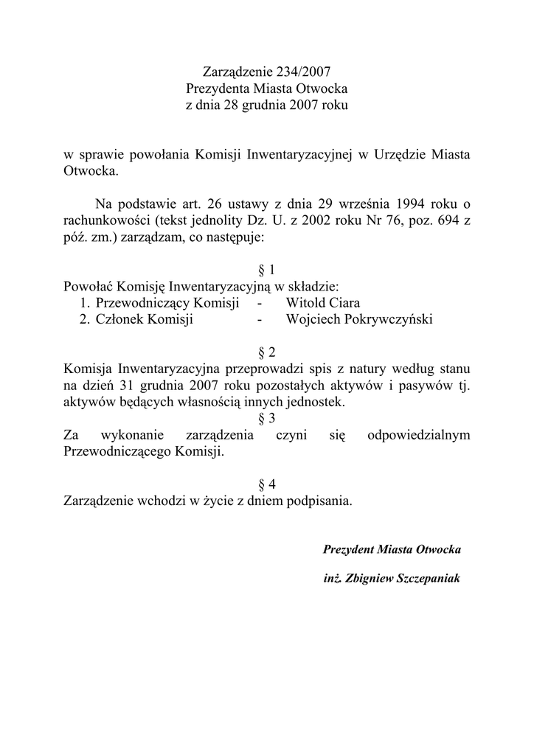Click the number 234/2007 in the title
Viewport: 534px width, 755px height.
click(x=301, y=72)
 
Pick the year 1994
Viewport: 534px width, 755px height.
click(x=398, y=203)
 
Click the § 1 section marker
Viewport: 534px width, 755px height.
click(x=267, y=270)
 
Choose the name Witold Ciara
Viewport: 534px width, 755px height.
click(x=323, y=303)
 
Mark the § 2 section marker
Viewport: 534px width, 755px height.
click(x=267, y=352)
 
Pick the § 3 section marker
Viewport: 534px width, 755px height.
click(x=267, y=418)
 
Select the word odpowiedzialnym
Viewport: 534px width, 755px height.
click(x=418, y=436)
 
